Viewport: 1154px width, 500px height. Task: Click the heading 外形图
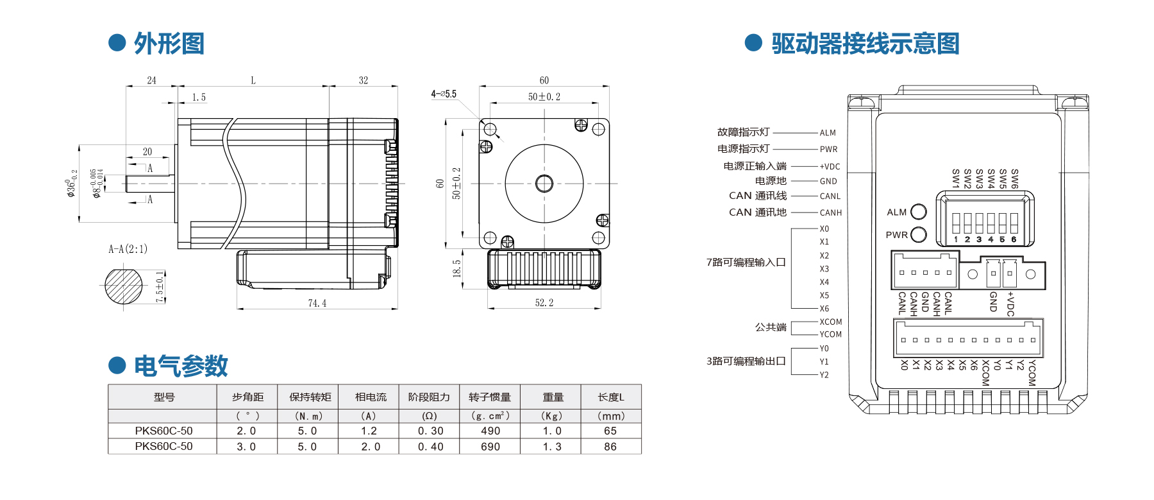[169, 44]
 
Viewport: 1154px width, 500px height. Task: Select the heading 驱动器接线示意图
[865, 44]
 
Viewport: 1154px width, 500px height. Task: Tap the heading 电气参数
[181, 366]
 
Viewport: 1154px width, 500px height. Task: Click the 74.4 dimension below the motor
[317, 303]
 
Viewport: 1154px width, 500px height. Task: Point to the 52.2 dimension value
[544, 302]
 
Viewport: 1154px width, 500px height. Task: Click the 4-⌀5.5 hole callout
[444, 94]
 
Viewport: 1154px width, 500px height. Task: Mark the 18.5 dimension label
[456, 268]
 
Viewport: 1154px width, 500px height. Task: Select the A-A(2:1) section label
[128, 249]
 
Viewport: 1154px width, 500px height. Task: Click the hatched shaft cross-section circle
[124, 286]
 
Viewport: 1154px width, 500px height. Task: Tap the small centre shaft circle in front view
[544, 184]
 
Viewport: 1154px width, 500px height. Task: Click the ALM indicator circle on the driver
[919, 212]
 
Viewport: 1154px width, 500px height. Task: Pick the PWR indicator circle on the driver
[919, 235]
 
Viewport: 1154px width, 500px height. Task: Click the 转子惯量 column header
[490, 397]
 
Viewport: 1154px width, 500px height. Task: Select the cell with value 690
[490, 447]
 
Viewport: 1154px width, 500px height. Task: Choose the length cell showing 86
[610, 447]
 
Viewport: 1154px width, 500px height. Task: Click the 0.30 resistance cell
[430, 431]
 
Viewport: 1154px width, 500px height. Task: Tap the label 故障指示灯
[743, 132]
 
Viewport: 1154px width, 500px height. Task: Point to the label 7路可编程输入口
[746, 263]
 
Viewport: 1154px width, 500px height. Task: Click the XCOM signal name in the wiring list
[831, 322]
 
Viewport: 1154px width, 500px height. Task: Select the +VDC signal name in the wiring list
[830, 166]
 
